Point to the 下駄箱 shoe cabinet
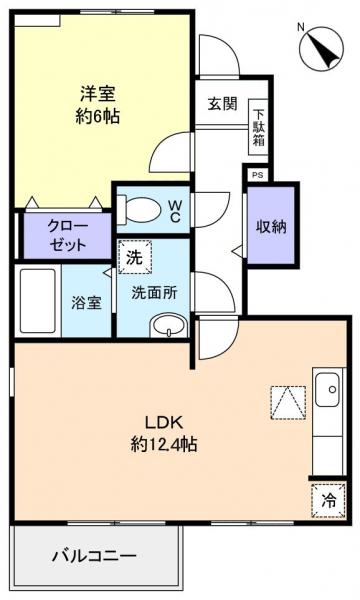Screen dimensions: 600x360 click(259, 125)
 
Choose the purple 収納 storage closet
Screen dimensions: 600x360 click(271, 226)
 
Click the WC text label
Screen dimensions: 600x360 click(174, 211)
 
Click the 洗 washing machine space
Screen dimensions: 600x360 click(133, 256)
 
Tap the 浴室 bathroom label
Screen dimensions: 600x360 click(85, 302)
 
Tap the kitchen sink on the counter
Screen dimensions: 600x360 click(328, 389)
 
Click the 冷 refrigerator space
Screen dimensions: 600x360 click(327, 500)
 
